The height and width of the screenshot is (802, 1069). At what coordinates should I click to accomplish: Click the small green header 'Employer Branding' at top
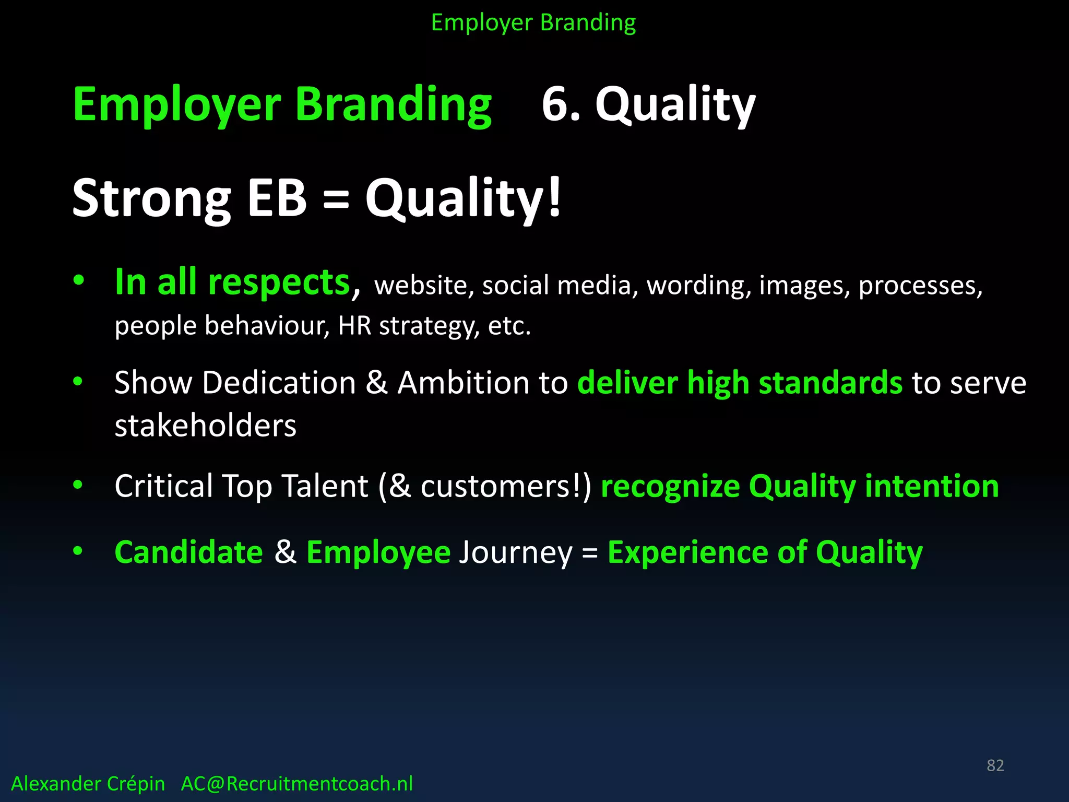click(x=533, y=23)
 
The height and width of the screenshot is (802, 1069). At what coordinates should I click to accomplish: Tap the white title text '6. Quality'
click(x=648, y=104)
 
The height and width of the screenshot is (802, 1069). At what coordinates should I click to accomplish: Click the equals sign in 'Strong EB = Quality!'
click(x=336, y=199)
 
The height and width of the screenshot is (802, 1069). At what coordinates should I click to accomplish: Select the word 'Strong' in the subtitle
click(x=151, y=199)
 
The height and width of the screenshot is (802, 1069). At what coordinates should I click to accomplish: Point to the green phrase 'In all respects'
click(x=232, y=282)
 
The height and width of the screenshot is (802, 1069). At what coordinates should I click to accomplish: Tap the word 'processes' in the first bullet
click(x=920, y=286)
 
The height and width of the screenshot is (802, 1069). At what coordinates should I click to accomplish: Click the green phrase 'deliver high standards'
click(x=740, y=383)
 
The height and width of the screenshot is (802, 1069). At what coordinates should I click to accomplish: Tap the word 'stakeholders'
click(x=205, y=426)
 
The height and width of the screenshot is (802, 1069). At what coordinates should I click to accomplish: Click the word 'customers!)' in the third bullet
click(x=506, y=486)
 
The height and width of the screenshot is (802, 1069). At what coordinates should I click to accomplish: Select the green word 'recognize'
click(x=670, y=486)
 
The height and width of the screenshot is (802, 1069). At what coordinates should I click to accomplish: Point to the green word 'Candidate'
click(x=188, y=552)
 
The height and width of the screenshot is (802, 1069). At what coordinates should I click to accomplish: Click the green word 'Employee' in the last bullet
click(x=378, y=552)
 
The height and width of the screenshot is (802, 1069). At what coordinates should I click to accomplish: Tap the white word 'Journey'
click(x=515, y=553)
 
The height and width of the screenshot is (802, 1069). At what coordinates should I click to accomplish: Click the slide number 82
click(x=995, y=765)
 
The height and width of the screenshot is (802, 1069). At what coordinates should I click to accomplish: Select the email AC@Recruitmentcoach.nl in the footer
click(x=296, y=784)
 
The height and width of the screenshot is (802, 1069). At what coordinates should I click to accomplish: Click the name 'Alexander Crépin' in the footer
click(x=88, y=784)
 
